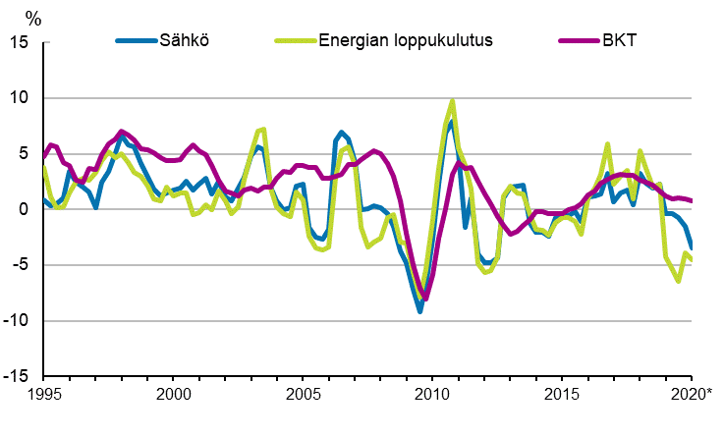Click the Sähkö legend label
tap(185, 41)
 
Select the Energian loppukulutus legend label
tap(405, 41)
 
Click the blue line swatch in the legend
tap(136, 41)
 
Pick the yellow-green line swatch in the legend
tap(292, 41)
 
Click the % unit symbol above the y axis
tap(33, 18)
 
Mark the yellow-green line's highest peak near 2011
tap(452, 101)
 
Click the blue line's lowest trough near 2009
tap(419, 311)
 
